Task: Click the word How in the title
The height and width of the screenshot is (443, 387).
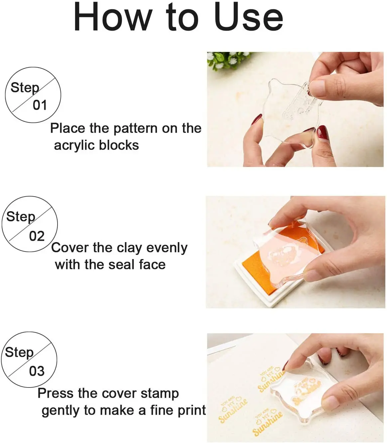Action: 112,17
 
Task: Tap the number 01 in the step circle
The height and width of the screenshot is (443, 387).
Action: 40,105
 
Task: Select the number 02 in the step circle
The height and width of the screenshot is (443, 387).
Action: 37,236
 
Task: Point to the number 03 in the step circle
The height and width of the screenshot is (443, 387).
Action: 37,371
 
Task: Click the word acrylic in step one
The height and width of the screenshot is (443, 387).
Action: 74,146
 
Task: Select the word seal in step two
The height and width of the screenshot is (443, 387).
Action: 121,265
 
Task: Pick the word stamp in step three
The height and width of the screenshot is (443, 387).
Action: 160,394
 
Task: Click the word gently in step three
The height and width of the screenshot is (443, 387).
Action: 61,411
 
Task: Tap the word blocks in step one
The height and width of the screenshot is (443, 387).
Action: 119,145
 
